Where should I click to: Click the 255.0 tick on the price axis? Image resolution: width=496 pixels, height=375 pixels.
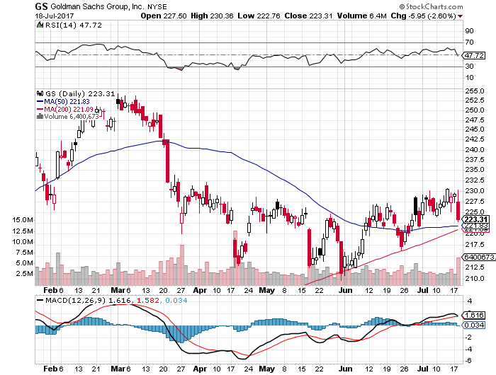[x=475, y=91]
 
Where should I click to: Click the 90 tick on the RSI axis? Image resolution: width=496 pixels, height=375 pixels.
[x=469, y=31]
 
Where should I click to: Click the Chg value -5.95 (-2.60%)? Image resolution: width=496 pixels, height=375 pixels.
[x=439, y=15]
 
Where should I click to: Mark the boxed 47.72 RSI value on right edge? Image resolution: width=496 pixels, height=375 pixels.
[x=473, y=55]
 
